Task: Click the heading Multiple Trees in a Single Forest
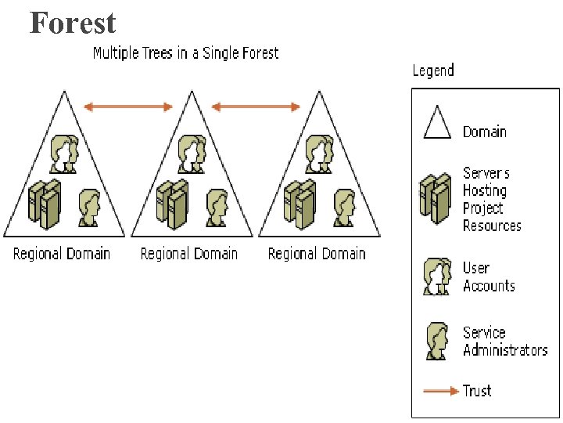tap(185, 53)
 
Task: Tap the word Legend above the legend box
tap(433, 70)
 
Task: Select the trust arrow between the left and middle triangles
tap(128, 107)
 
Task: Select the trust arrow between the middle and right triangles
tap(256, 107)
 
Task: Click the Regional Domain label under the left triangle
tap(62, 253)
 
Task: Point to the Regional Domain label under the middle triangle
tap(189, 253)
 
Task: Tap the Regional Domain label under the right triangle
tap(317, 253)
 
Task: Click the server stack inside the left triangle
tap(44, 204)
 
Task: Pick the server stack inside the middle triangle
tap(172, 204)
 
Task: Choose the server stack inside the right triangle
tap(299, 204)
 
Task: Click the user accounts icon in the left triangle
tap(63, 154)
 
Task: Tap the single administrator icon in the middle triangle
tap(217, 207)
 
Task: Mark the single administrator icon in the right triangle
tap(345, 207)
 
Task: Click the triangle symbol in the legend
tap(437, 122)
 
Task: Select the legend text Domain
tap(484, 132)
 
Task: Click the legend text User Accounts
tap(489, 277)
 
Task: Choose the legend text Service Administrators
tap(505, 341)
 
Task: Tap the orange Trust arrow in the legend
tap(439, 389)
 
